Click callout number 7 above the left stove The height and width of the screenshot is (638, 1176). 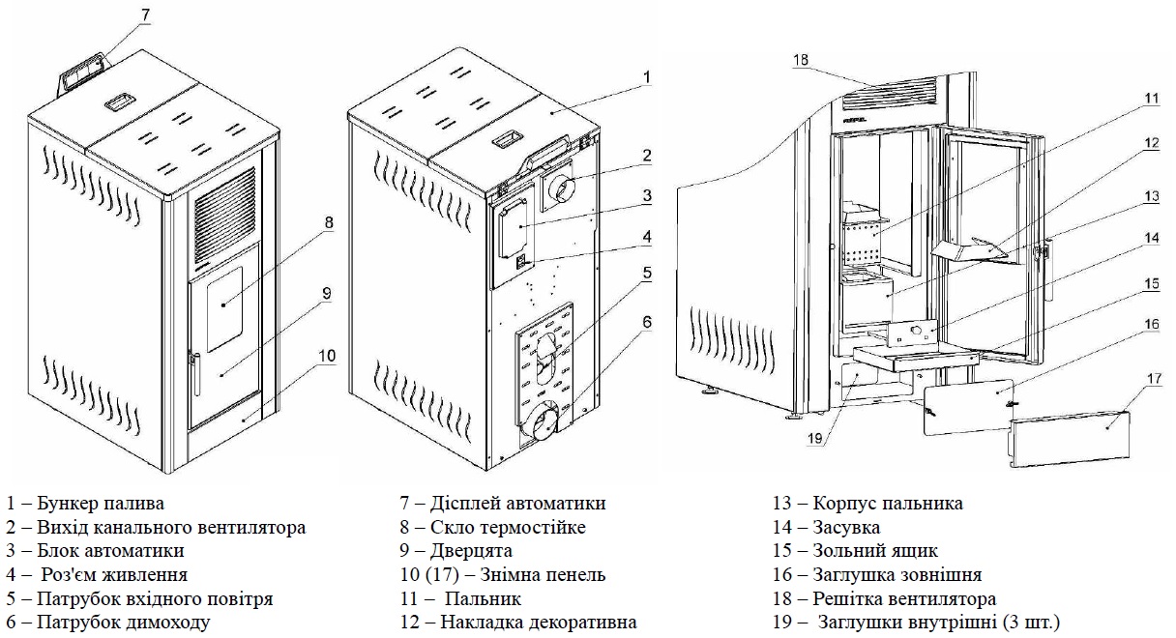coord(145,15)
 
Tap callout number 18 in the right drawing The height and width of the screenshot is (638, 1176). coord(801,60)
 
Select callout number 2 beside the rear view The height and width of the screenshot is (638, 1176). coord(647,156)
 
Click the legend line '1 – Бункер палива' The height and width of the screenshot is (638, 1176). coord(85,504)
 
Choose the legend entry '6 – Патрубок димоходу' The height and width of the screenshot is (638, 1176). coord(107,623)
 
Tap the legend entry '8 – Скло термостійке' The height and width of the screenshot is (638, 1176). coord(492,527)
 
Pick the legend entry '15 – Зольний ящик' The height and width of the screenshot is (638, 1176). coord(855,551)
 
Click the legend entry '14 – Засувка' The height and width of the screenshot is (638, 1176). coord(826,527)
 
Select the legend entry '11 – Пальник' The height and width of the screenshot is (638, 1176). coord(460,598)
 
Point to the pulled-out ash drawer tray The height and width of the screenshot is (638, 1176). coord(916,360)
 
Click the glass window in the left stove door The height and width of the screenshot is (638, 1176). coord(224,309)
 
